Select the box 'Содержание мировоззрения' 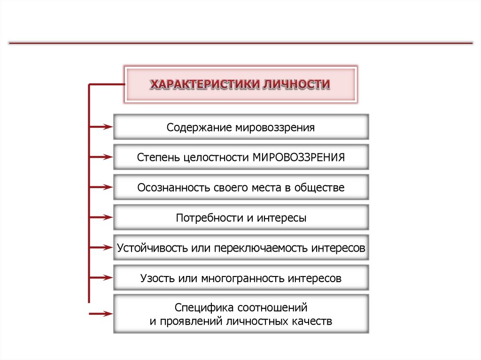tap(241, 127)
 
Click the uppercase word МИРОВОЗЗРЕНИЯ tap(299, 157)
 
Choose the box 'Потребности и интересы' tap(241, 218)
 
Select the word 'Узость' tap(157, 278)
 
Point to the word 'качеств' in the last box tap(312, 322)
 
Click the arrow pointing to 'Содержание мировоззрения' tap(101, 126)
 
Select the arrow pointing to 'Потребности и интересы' tap(101, 217)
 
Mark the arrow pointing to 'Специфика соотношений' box tap(101, 314)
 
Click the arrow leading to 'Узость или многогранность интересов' tap(101, 277)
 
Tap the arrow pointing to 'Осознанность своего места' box tap(101, 187)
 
